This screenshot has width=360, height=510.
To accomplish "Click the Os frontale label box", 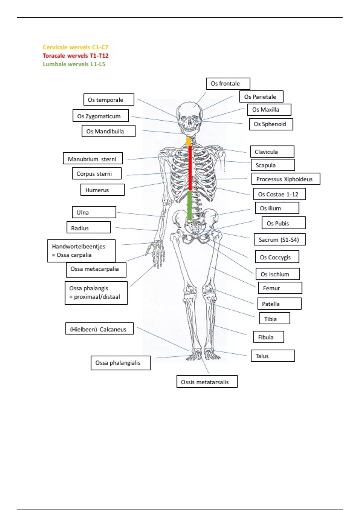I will [228, 84].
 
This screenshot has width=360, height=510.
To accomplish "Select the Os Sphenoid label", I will [271, 124].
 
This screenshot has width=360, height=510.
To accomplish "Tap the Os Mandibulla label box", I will [108, 131].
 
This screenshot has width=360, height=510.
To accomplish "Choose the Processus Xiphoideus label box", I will [286, 179].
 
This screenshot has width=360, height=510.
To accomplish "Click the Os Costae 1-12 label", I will [279, 194].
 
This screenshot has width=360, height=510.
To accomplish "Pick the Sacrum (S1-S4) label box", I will [280, 240].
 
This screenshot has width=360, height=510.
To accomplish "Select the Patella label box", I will [279, 304].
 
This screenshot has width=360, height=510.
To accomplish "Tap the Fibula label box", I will [268, 337].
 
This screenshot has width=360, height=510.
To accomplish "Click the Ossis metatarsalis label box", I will [207, 382].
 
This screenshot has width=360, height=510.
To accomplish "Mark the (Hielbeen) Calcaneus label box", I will [99, 329].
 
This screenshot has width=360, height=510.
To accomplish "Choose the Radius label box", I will [88, 228].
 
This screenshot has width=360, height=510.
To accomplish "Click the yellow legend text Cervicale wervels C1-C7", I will [75, 47].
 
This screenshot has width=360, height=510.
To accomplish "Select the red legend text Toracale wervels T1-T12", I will [75, 55].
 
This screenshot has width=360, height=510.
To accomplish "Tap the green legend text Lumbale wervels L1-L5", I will [74, 64].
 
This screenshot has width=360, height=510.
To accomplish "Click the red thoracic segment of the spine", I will [190, 168].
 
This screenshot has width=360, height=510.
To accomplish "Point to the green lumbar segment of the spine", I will [190, 205].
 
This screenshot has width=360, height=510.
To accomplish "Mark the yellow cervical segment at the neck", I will [188, 141].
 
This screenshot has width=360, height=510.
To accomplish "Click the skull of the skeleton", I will [189, 117].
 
